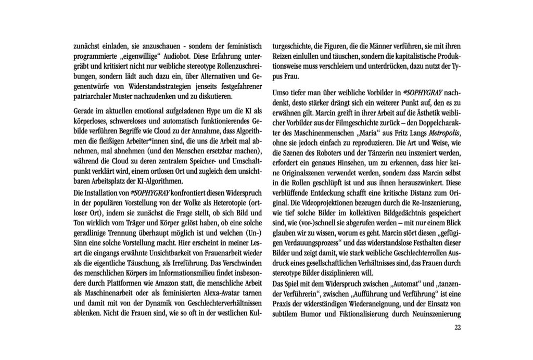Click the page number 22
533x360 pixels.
(457, 327)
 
